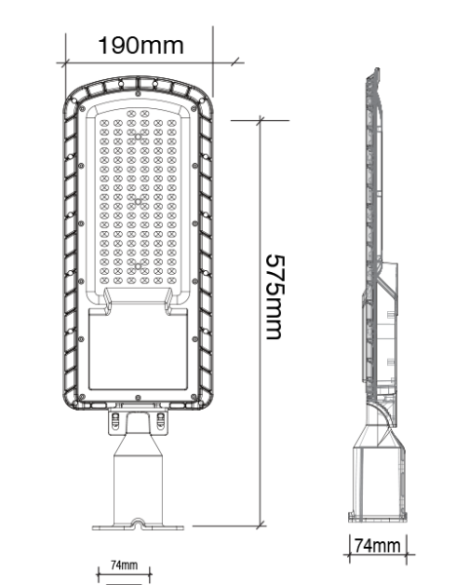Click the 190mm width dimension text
[140, 45]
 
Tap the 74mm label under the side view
[376, 545]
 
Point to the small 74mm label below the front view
[124, 565]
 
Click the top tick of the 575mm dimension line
[260, 119]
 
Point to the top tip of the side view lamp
[373, 71]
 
